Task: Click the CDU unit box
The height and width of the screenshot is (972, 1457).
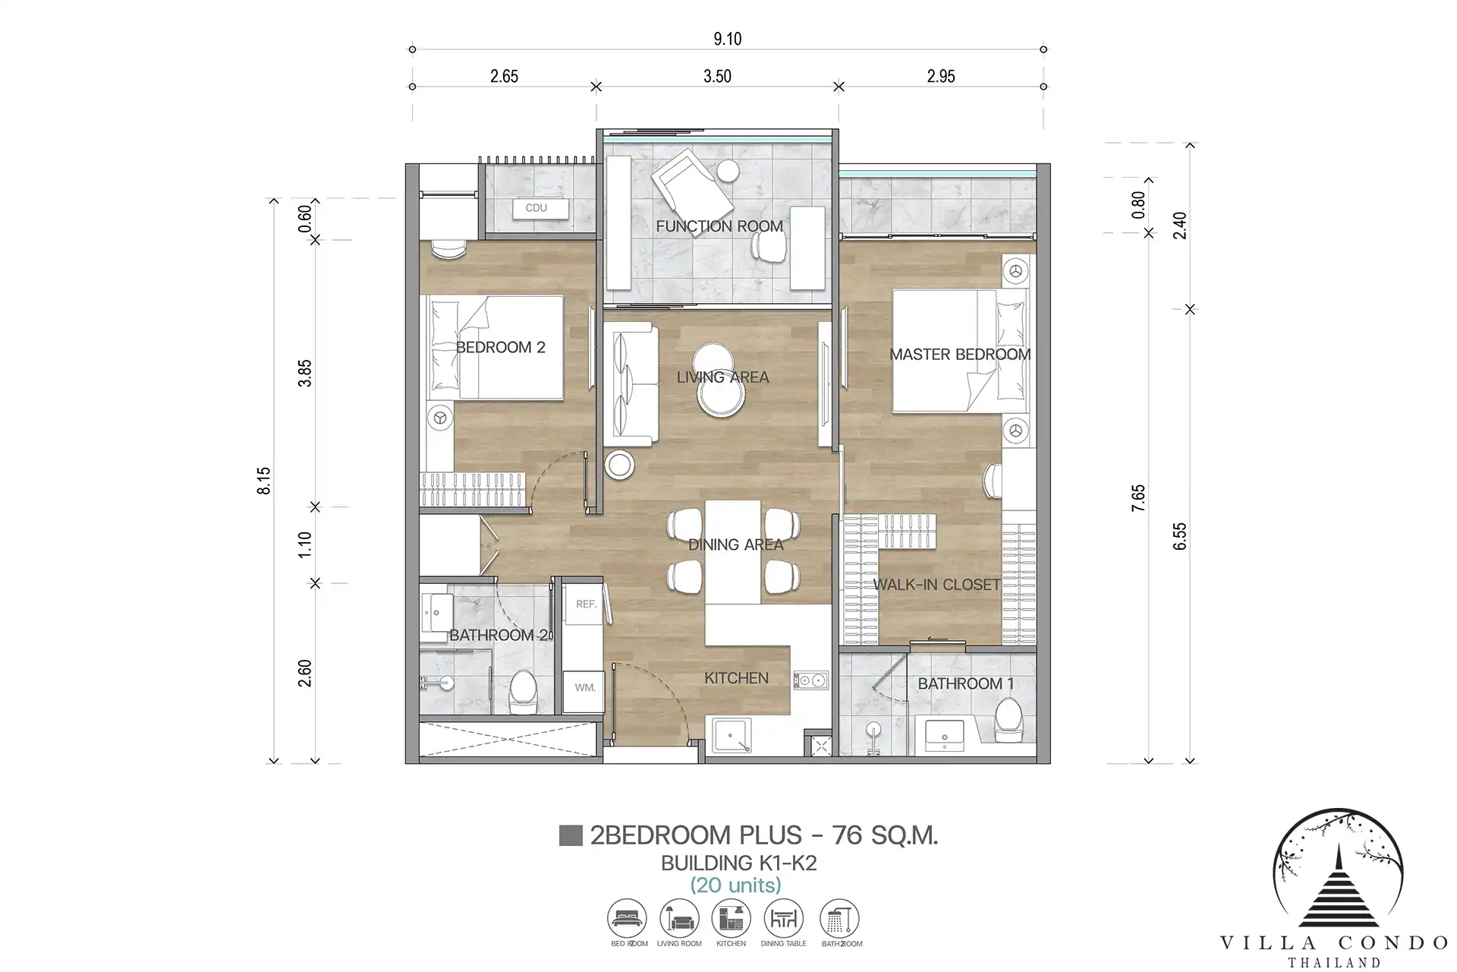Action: tap(540, 208)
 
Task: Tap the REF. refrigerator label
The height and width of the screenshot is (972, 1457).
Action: tap(586, 604)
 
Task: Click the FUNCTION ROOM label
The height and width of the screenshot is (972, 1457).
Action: tap(719, 226)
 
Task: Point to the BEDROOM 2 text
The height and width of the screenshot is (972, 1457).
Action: tap(500, 348)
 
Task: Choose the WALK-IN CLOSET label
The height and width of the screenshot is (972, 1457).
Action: tap(936, 585)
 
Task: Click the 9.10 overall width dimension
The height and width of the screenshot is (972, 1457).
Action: tap(727, 39)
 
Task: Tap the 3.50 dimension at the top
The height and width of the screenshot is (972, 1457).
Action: tap(717, 77)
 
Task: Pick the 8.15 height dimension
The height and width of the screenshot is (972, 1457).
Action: tap(264, 481)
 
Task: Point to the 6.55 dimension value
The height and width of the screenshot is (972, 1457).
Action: tap(1179, 536)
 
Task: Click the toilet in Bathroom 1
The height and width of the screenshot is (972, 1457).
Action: tap(1009, 721)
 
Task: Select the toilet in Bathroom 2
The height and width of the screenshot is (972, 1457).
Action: tap(523, 692)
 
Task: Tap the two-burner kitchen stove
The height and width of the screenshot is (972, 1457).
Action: tap(810, 680)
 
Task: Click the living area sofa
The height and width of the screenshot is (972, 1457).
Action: tap(630, 384)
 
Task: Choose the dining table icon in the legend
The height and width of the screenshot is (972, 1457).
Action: tap(783, 919)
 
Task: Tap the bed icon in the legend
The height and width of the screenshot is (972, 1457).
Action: tap(627, 919)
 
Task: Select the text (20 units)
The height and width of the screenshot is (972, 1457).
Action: tap(735, 885)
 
